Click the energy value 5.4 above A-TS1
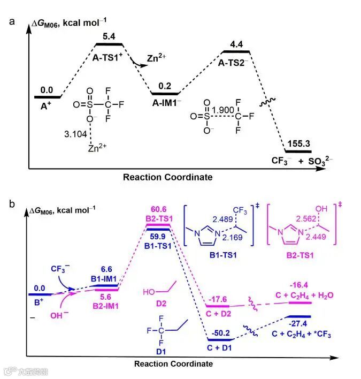click(x=109, y=37)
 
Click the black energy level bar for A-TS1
click(x=109, y=44)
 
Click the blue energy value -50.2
click(x=218, y=333)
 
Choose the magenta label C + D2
click(x=218, y=315)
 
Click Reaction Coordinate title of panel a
click(x=167, y=177)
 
